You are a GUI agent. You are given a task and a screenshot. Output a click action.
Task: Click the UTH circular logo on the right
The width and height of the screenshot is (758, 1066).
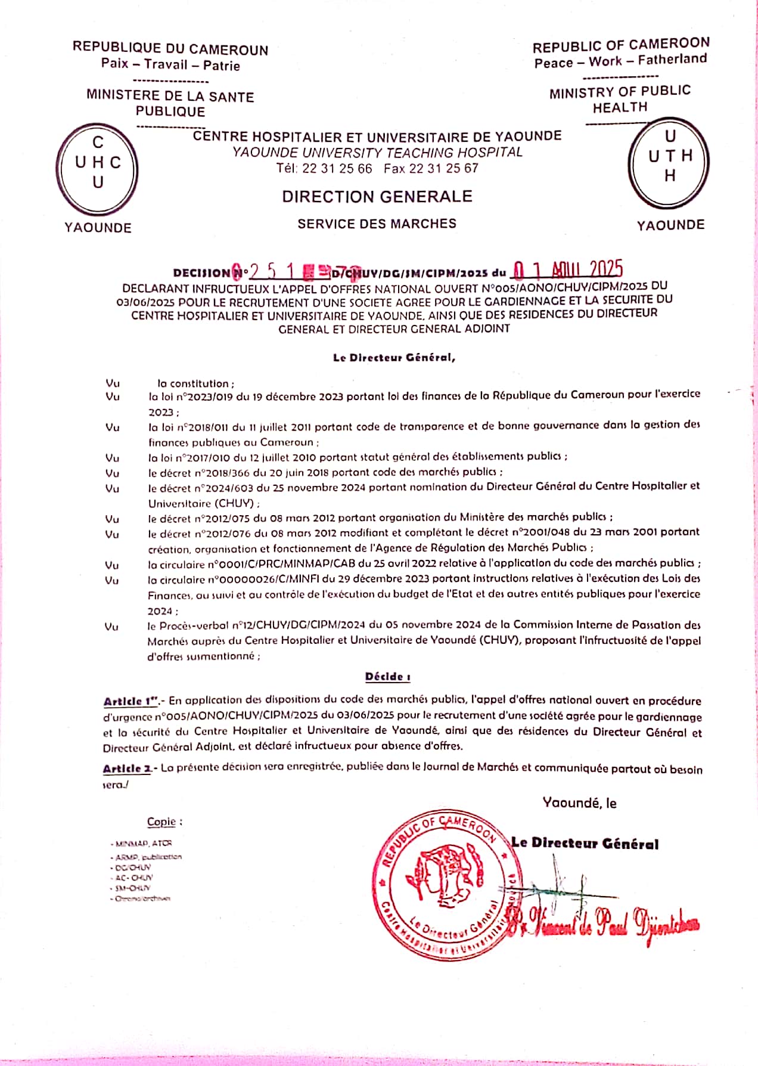670,162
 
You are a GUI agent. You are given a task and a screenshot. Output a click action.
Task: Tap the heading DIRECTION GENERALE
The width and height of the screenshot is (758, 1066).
377,197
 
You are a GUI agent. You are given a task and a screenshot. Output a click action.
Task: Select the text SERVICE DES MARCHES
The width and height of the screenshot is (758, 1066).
377,224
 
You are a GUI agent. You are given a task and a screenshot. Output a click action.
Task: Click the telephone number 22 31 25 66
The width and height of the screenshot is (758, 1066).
337,169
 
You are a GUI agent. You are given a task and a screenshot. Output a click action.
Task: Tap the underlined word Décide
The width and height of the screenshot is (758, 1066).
387,677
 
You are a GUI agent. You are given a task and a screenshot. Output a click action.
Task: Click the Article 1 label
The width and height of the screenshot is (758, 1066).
126,702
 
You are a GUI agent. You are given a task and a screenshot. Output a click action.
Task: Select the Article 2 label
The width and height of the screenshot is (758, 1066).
127,768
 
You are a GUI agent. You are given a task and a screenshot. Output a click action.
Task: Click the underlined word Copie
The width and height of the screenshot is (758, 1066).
161,822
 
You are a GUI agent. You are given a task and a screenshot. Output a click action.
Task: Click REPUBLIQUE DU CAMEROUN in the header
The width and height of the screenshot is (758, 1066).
170,49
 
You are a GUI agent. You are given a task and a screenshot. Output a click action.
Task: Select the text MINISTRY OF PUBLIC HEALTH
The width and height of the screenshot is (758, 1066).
620,99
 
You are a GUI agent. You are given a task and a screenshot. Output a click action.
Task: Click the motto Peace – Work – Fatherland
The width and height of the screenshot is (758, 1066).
620,61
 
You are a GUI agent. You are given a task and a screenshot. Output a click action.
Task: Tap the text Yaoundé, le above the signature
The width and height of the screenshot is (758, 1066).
579,803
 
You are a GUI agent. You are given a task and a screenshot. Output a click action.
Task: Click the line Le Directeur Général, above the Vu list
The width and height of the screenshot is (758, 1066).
394,358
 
